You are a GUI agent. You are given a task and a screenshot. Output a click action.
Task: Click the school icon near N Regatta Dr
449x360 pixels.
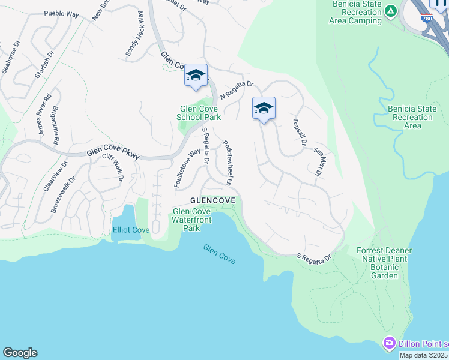pos(196,75)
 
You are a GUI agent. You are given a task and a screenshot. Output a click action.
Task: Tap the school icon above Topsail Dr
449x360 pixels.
pos(264,108)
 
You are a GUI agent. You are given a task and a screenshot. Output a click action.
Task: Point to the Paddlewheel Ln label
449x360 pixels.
pos(228,163)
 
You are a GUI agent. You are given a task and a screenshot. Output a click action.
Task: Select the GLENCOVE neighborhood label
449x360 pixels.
pos(211,199)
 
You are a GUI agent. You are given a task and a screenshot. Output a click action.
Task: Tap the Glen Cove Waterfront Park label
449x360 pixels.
pos(191,220)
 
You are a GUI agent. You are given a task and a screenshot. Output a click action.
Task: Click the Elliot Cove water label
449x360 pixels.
pos(130,230)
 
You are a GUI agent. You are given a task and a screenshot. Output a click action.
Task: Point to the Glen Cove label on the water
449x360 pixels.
pos(219,254)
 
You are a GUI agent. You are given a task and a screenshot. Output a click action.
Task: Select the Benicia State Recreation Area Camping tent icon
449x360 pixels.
pos(391,11)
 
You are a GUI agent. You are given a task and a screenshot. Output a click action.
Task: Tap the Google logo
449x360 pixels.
pos(20,353)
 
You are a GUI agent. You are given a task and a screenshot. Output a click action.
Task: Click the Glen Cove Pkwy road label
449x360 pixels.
pos(113,154)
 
